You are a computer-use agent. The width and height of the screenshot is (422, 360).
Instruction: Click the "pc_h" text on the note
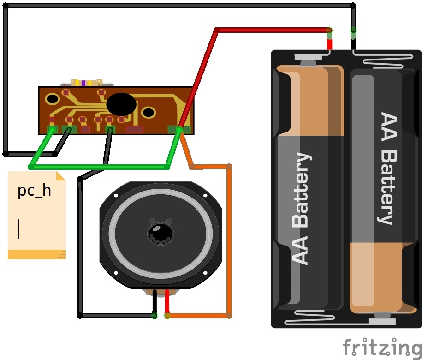[x=34, y=191]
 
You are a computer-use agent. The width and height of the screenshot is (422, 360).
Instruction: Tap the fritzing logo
[x=382, y=348]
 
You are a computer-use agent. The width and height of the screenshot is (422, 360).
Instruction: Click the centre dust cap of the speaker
[x=160, y=233]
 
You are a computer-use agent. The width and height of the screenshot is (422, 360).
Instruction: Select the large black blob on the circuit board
[x=121, y=104]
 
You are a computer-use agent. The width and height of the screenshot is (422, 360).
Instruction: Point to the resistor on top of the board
[x=87, y=83]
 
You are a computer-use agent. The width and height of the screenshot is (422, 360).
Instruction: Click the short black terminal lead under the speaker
[x=155, y=302]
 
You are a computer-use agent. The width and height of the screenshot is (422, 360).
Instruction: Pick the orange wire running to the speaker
[x=229, y=242]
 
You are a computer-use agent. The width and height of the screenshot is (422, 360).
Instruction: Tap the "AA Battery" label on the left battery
[x=302, y=208]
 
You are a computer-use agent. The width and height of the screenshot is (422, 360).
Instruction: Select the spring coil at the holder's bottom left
[x=309, y=318]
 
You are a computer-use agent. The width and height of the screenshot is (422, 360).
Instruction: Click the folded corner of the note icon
[x=60, y=176]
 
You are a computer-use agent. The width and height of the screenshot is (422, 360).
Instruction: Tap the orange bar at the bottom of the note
[x=37, y=254]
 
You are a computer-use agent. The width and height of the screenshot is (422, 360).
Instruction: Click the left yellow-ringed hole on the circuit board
[x=52, y=99]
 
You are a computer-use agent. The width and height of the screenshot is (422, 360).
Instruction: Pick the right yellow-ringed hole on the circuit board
[x=149, y=112]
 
